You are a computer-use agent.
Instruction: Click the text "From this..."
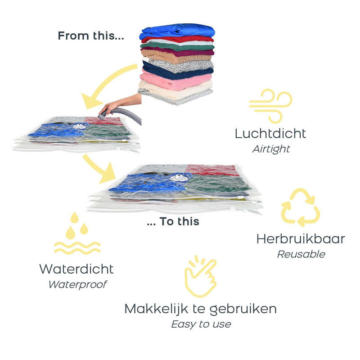point(90,36)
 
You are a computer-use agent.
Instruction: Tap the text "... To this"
point(173,221)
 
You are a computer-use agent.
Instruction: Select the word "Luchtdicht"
point(270,134)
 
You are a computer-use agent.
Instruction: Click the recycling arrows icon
point(300,207)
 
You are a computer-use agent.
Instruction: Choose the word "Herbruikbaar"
point(300,239)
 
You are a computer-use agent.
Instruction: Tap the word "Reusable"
point(300,254)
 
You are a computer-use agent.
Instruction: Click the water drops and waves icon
point(76,234)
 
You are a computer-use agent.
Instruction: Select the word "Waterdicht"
point(76,269)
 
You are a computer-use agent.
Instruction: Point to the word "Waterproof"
point(77,284)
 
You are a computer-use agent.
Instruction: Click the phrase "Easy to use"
point(201,324)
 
